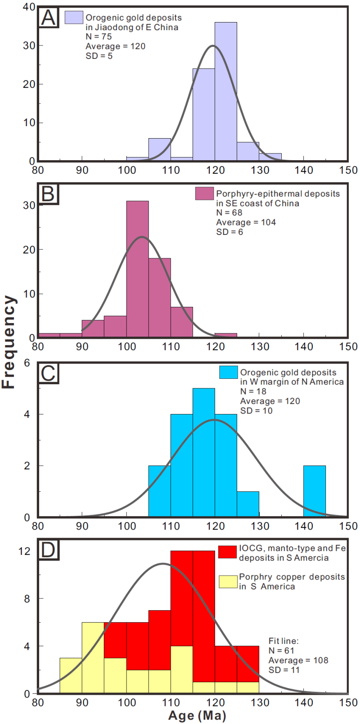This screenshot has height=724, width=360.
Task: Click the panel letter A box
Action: click(x=49, y=18)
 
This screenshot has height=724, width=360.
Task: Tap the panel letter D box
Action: click(x=49, y=550)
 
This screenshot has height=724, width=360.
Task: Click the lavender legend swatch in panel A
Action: click(x=74, y=18)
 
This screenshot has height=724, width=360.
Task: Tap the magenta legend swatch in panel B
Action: click(x=204, y=193)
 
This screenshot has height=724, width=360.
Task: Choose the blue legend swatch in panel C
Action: click(x=228, y=372)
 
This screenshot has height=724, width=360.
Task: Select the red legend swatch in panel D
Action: click(x=227, y=552)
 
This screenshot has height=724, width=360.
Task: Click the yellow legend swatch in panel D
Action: click(x=228, y=581)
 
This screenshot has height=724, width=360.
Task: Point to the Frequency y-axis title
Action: click(x=9, y=342)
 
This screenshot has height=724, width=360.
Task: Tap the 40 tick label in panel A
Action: click(x=28, y=7)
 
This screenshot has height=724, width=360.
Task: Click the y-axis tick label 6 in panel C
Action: click(x=27, y=363)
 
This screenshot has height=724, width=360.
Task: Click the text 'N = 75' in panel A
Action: click(x=99, y=37)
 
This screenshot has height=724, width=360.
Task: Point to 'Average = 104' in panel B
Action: click(x=246, y=222)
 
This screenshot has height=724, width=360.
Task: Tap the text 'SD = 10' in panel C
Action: click(x=256, y=410)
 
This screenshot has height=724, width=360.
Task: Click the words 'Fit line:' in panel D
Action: click(x=283, y=641)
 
